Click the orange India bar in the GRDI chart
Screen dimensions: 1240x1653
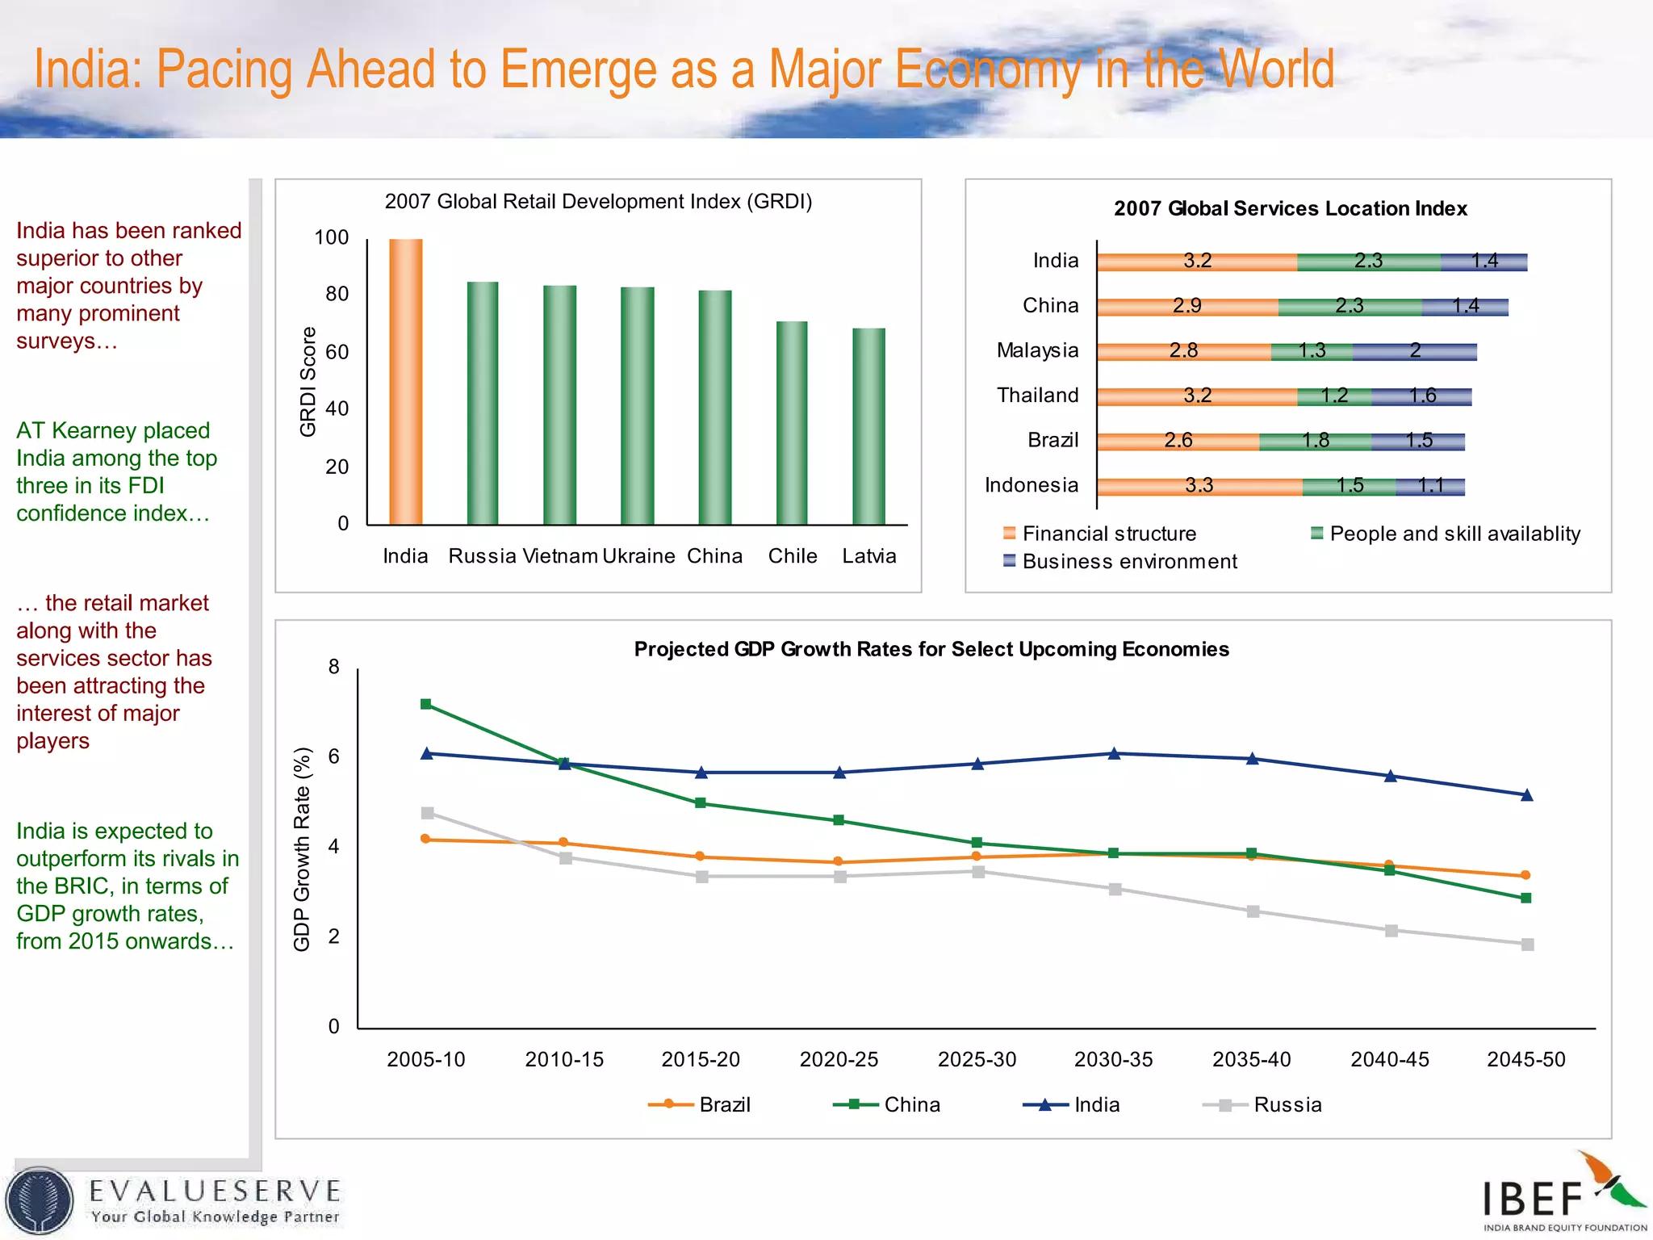point(405,383)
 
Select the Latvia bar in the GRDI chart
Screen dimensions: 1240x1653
point(868,426)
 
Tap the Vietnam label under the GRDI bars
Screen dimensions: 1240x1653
point(560,556)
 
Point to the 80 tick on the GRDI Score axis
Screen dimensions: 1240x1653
point(337,294)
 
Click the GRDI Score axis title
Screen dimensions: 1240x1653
point(308,382)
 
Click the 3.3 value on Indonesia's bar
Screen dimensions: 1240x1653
point(1199,485)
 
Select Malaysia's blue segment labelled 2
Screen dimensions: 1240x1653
point(1414,350)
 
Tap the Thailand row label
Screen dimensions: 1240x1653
point(1037,396)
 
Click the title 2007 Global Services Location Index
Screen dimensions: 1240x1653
point(1290,208)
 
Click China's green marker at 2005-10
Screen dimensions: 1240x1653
point(426,704)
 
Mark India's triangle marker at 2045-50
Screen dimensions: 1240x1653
point(1526,795)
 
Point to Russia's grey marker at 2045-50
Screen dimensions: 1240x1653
point(1527,944)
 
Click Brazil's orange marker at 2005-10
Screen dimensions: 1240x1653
point(425,839)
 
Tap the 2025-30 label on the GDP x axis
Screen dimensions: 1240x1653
point(977,1059)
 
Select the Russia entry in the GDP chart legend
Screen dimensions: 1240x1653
point(1287,1104)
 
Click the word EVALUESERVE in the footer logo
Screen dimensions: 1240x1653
point(215,1191)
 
